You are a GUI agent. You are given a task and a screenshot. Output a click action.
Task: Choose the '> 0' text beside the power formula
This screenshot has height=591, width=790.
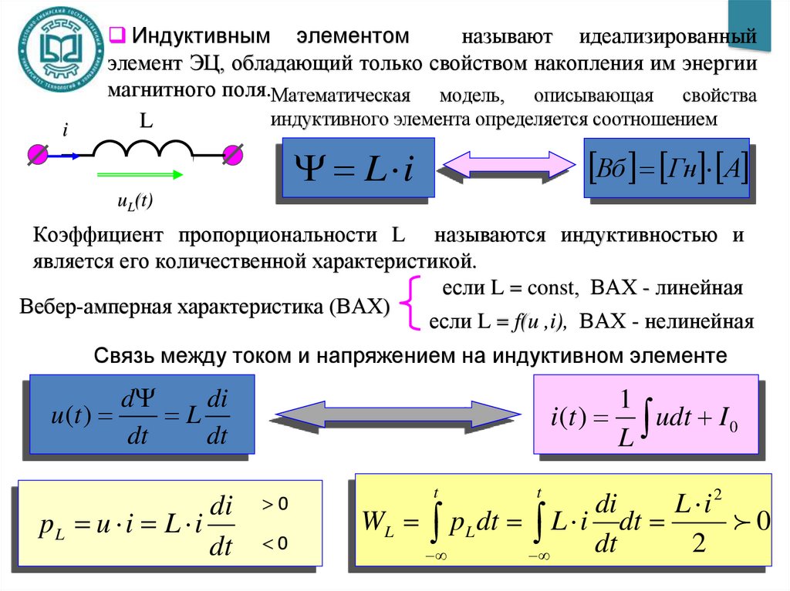pyautogui.click(x=275, y=504)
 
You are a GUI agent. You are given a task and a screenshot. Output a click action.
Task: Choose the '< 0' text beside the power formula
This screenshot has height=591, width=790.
pyautogui.click(x=275, y=544)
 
